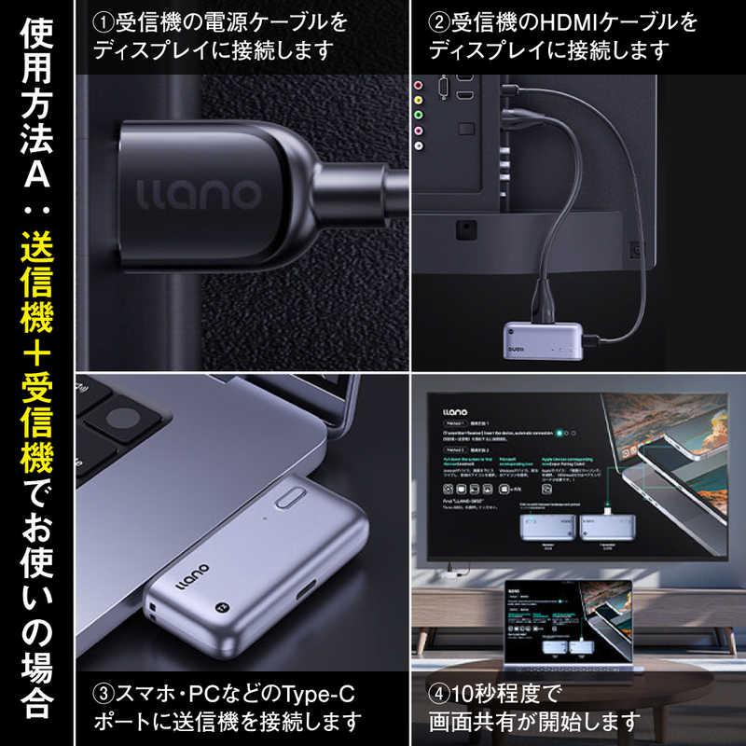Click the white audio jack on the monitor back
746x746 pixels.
click(419, 144)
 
